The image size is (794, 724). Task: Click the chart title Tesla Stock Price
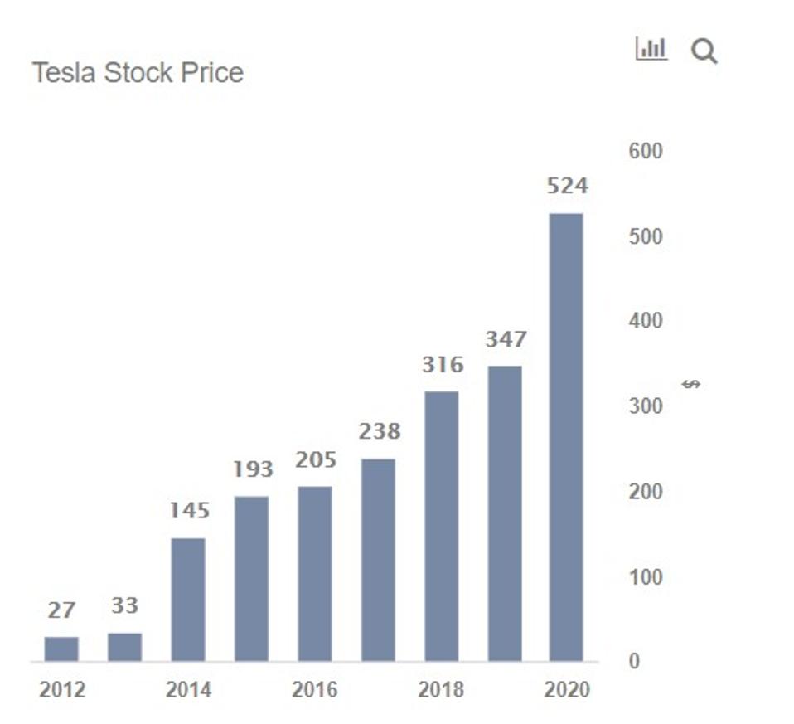click(x=138, y=73)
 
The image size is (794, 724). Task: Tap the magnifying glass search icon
click(x=704, y=52)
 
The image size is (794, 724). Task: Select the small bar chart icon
click(x=651, y=49)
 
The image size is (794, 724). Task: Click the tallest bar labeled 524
click(x=567, y=437)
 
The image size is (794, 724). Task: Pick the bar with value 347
click(x=504, y=513)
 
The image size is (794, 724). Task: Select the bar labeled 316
click(x=441, y=526)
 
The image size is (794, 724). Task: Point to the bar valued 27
click(x=61, y=649)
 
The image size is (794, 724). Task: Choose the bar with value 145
click(x=188, y=599)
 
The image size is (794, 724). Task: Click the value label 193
click(x=253, y=469)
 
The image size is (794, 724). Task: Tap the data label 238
click(x=380, y=431)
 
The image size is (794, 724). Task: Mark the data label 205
click(x=316, y=459)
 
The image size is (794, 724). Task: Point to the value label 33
click(x=124, y=605)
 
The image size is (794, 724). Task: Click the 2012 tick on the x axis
click(x=62, y=690)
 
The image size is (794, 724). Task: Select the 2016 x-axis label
click(x=315, y=690)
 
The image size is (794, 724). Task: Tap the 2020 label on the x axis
click(x=568, y=690)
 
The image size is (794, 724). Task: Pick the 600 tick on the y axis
click(x=646, y=151)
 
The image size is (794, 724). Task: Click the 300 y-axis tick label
click(x=646, y=406)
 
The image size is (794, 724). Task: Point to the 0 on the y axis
click(x=634, y=662)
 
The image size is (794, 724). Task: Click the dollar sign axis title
click(x=691, y=384)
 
